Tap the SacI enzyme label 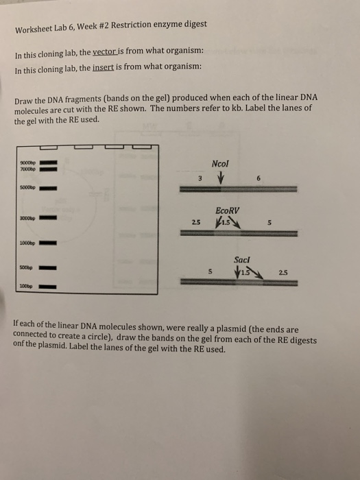point(242,261)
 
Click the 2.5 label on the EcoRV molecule point(197,222)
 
